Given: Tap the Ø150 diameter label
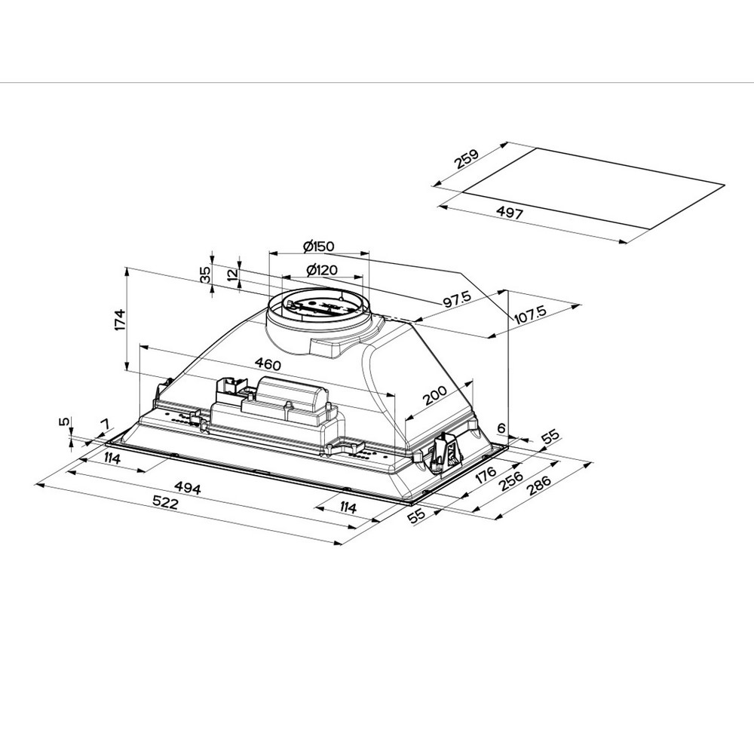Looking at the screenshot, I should (318, 247).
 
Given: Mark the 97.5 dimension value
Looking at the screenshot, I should (456, 300).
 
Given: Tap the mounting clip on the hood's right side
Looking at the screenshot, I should (445, 453).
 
